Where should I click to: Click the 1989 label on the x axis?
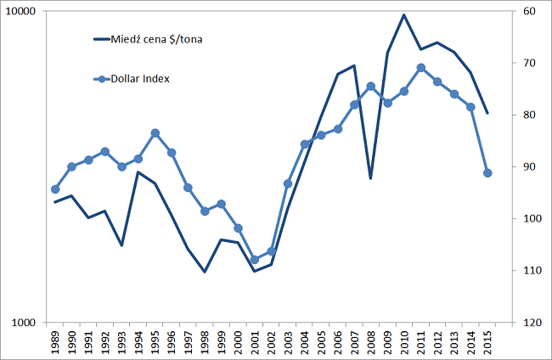[55, 341]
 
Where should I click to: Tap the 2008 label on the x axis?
[371, 341]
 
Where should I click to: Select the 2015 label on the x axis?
[487, 341]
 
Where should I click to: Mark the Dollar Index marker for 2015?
[487, 173]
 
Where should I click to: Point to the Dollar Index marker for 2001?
[255, 260]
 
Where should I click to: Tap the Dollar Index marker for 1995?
[155, 133]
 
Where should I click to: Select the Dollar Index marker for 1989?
[55, 189]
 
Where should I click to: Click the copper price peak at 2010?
[404, 15]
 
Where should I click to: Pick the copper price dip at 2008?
[371, 178]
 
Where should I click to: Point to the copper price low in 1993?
[121, 245]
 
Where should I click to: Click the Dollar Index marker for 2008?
[371, 86]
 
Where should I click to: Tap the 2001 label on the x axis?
[255, 341]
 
